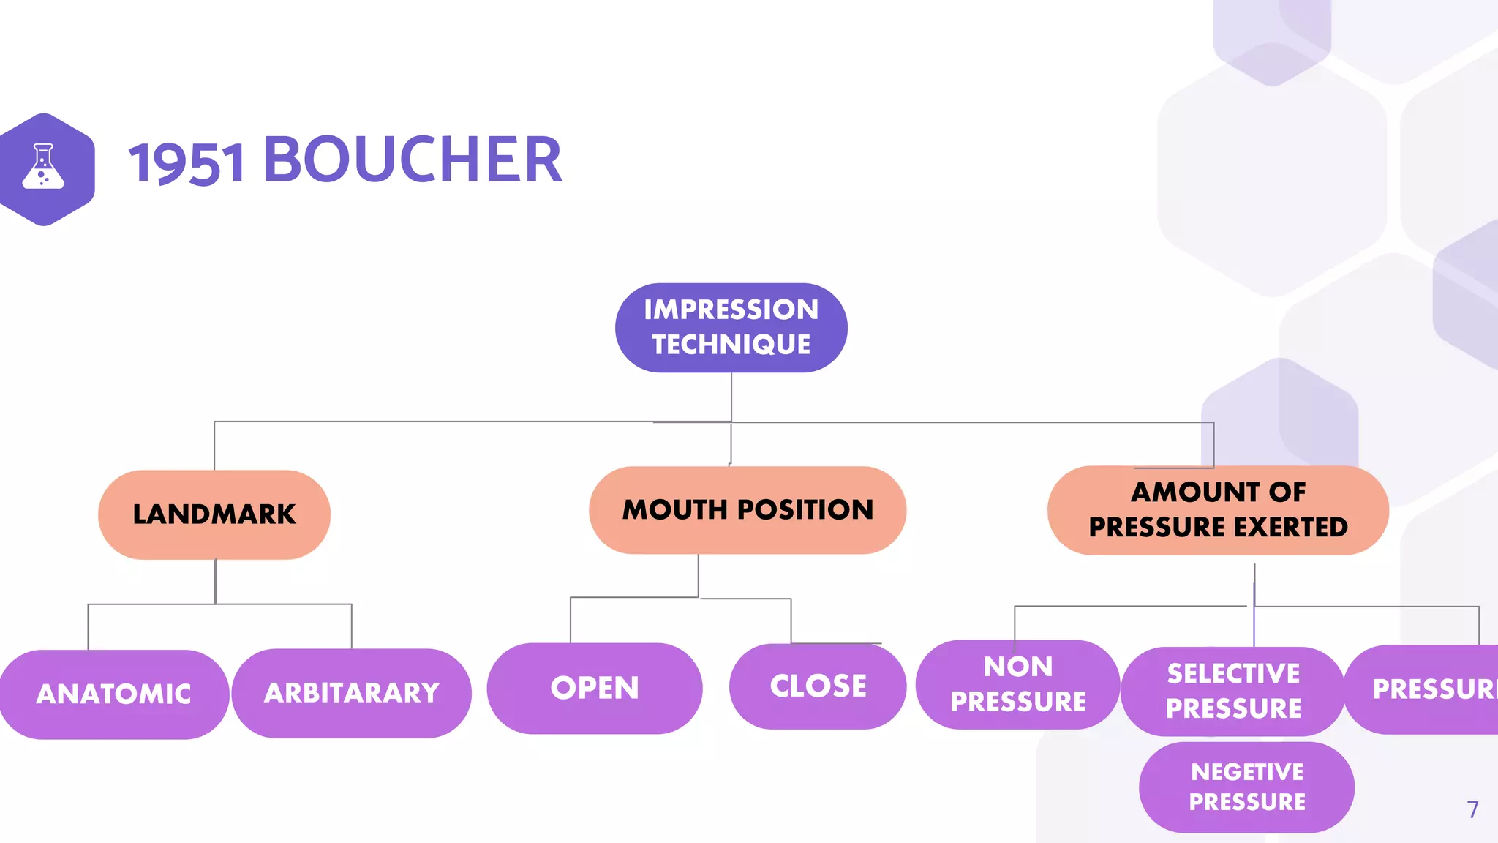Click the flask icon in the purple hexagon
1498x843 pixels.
[x=43, y=167]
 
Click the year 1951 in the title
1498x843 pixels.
[x=187, y=162]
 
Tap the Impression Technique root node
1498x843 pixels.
[x=731, y=327]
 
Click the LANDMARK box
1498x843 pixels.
[x=214, y=514]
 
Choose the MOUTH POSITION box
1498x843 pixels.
[x=747, y=510]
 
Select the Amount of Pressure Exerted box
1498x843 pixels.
[x=1217, y=510]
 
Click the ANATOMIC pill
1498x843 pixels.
[x=114, y=694]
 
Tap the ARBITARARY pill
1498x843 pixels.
[x=352, y=693]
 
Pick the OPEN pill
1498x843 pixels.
[x=595, y=688]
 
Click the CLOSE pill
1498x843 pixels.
[x=818, y=686]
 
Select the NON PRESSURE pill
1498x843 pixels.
[x=1017, y=684]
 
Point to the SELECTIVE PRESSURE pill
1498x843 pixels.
[x=1233, y=691]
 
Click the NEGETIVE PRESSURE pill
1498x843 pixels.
[x=1246, y=787]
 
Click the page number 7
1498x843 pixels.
[x=1472, y=809]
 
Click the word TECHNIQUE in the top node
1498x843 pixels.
[x=731, y=345]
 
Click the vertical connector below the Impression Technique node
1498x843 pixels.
[x=731, y=397]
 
